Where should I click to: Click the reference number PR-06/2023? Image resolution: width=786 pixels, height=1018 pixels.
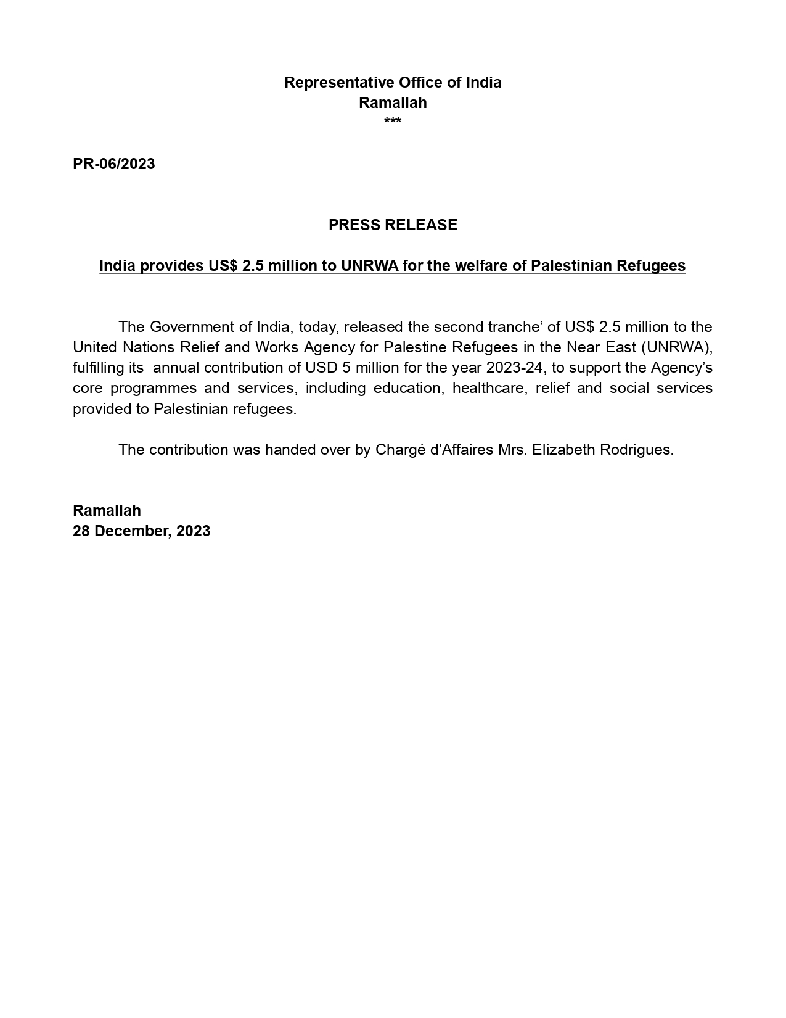pyautogui.click(x=114, y=164)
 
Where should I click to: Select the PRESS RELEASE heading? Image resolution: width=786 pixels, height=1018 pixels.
pyautogui.click(x=393, y=225)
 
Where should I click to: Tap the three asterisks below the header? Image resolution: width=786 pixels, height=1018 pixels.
pyautogui.click(x=393, y=122)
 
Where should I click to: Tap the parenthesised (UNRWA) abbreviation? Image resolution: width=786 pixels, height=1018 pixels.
pyautogui.click(x=677, y=347)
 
